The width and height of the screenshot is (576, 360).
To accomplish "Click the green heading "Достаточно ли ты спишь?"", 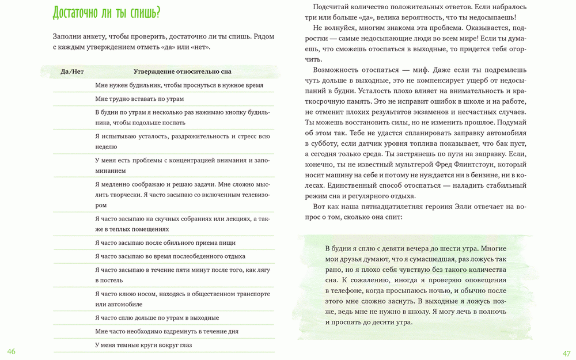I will (x=106, y=13).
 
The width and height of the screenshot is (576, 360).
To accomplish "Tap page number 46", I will (x=11, y=352).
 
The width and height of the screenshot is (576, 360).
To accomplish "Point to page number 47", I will (x=566, y=353).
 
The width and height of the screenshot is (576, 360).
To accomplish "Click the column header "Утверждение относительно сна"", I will (x=183, y=71).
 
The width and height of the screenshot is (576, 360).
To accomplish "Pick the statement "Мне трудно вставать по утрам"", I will (x=139, y=98).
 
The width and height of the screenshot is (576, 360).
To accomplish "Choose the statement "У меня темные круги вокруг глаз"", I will (x=143, y=345).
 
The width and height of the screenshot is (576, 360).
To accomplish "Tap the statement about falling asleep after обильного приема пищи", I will (x=165, y=242).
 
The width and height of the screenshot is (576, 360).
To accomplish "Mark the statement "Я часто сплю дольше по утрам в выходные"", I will (x=157, y=317).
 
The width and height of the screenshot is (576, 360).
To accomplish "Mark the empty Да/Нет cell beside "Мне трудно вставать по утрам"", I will (x=72, y=98).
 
